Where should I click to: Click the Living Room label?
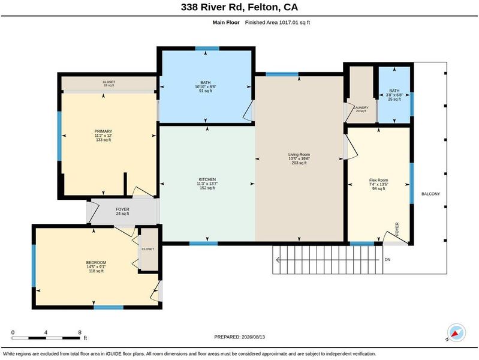[x=299, y=155]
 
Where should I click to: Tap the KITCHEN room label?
[x=207, y=179]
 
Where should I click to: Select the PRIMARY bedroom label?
[x=103, y=131]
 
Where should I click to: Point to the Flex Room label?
[x=378, y=181]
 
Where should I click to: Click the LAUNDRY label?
[x=361, y=107]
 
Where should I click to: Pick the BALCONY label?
[x=430, y=194]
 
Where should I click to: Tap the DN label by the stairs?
[x=387, y=260]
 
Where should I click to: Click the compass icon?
[x=456, y=333]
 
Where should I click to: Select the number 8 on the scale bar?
[x=80, y=332]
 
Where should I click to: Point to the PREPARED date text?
[x=240, y=337]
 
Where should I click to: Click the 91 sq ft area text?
[x=206, y=91]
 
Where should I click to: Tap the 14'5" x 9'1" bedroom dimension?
[x=97, y=267]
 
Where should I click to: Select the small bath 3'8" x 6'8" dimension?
[x=394, y=95]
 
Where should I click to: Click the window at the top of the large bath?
[x=207, y=49]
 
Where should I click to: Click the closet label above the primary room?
[x=109, y=82]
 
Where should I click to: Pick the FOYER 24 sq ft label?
[x=122, y=211]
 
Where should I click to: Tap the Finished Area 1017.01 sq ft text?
[x=278, y=22]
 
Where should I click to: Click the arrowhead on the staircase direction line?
[x=278, y=260]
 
